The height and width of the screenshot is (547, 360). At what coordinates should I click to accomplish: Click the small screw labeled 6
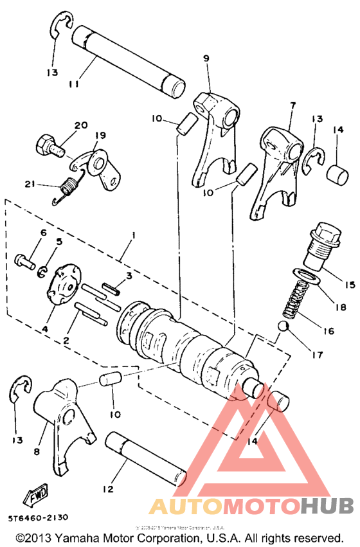[24, 262]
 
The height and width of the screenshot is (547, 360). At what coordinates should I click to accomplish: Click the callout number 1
[133, 236]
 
